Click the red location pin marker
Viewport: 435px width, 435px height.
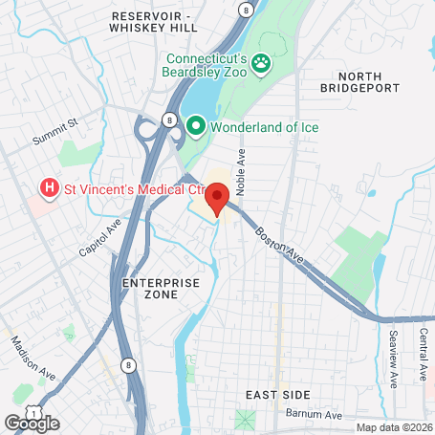click(217, 199)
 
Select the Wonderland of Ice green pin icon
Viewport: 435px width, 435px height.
click(197, 125)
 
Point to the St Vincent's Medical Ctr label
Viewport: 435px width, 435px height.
click(122, 188)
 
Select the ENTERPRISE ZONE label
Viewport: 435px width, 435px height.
click(161, 289)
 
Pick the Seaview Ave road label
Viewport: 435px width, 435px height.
click(393, 359)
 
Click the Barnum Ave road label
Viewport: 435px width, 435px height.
click(313, 415)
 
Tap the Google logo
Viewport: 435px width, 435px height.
click(32, 423)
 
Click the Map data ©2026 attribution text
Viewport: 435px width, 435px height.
click(392, 427)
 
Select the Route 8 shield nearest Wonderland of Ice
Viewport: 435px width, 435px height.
click(169, 120)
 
